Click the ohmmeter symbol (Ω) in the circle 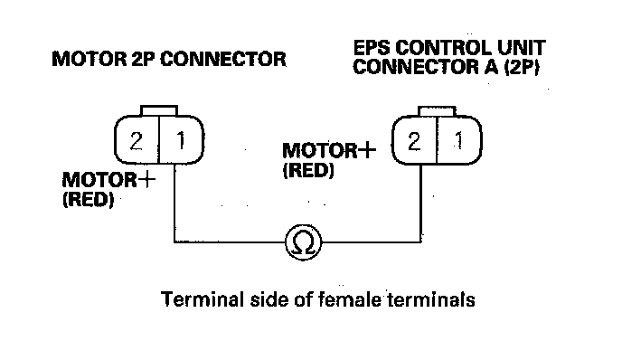[x=304, y=242]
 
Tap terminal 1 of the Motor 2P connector [x=181, y=140]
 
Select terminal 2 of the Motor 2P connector [x=137, y=140]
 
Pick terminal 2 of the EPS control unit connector [x=414, y=141]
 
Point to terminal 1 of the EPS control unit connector [x=459, y=140]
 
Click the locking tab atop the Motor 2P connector [x=159, y=110]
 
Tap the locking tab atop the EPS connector [x=438, y=111]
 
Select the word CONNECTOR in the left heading [x=223, y=59]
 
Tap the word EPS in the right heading [x=372, y=48]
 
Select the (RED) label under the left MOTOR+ [x=88, y=199]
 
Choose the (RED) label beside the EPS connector [x=308, y=170]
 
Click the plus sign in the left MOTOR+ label [x=146, y=180]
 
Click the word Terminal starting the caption [x=202, y=299]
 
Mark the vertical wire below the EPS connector [x=421, y=203]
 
